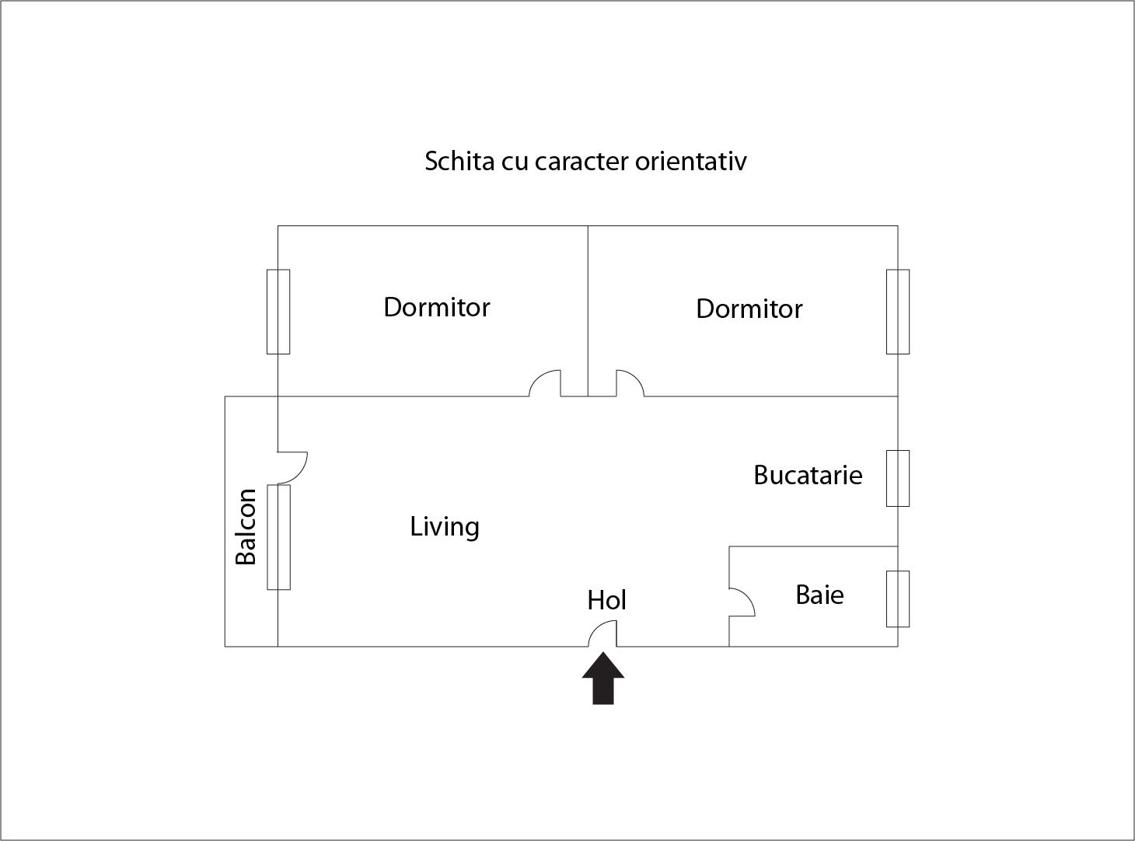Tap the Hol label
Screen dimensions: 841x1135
click(x=606, y=600)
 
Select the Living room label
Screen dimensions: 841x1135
click(x=445, y=527)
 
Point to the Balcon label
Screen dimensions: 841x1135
click(x=246, y=527)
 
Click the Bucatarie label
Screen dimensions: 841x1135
click(x=808, y=475)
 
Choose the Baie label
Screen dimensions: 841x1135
click(x=819, y=595)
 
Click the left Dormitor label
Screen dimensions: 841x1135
click(x=437, y=307)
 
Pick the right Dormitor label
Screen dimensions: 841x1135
click(x=749, y=309)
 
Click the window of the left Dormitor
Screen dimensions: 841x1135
click(x=278, y=312)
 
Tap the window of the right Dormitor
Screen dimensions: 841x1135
click(x=898, y=312)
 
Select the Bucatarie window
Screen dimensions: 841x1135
click(x=898, y=478)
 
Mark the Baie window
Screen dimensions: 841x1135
click(x=898, y=598)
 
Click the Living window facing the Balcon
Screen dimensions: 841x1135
click(x=278, y=537)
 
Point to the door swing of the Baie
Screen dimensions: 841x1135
click(x=743, y=602)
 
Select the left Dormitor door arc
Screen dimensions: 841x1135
click(x=544, y=383)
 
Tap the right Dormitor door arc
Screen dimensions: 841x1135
click(x=630, y=383)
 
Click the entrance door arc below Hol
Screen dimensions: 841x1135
click(x=602, y=633)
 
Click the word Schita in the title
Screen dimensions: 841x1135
click(x=449, y=161)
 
